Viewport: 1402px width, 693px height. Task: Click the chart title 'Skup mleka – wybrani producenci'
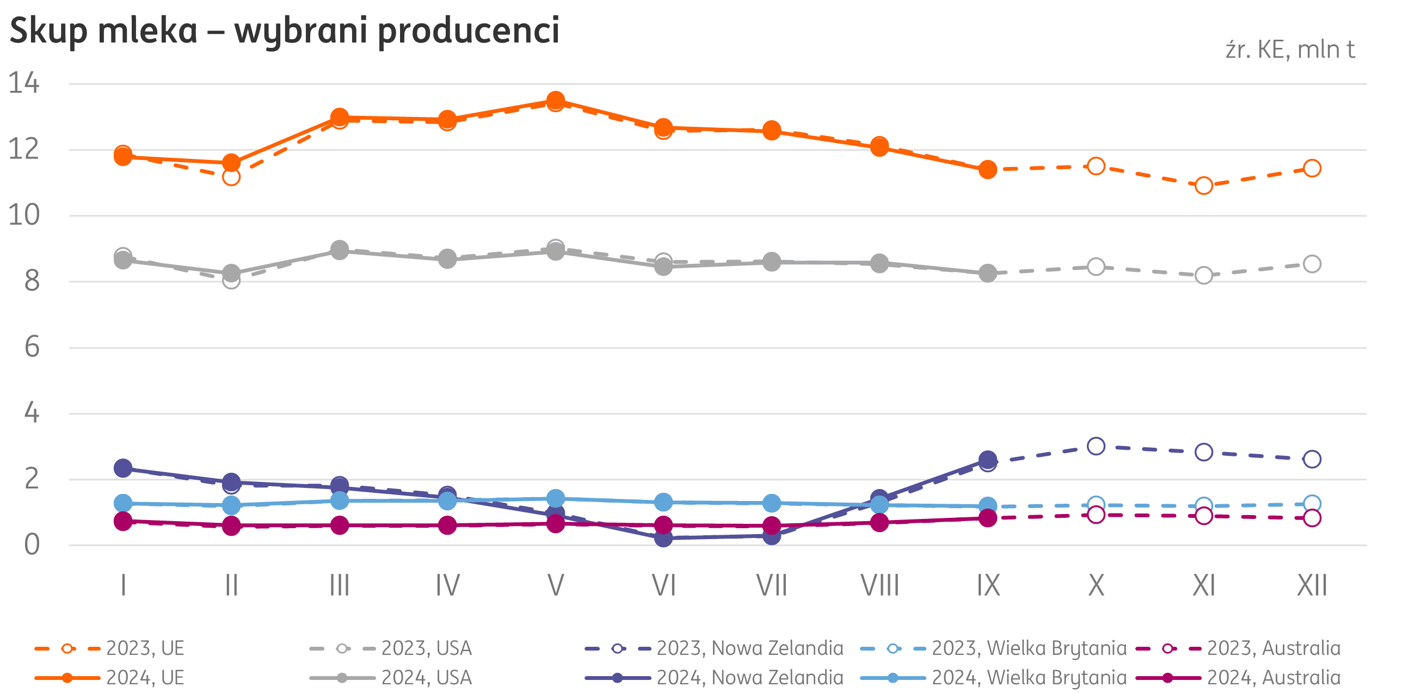(284, 30)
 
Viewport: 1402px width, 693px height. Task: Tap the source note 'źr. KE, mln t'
(1289, 50)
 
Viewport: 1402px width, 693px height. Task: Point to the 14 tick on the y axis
(24, 84)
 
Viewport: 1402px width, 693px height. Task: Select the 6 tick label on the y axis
(32, 347)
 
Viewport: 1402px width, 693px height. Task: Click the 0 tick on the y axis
(32, 544)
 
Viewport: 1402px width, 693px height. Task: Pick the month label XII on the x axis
(1312, 586)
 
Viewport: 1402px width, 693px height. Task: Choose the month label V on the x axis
(555, 586)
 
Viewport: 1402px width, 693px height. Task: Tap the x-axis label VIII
(880, 586)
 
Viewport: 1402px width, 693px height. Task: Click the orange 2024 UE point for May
(555, 100)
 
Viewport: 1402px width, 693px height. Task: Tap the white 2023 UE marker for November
(1204, 185)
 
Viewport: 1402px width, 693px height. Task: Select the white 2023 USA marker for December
(1312, 264)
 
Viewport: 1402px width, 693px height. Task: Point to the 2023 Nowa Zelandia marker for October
(1096, 446)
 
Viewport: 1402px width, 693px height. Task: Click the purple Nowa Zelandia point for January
(123, 468)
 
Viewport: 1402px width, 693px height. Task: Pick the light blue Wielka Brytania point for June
(663, 502)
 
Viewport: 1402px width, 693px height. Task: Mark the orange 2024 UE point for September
(988, 170)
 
